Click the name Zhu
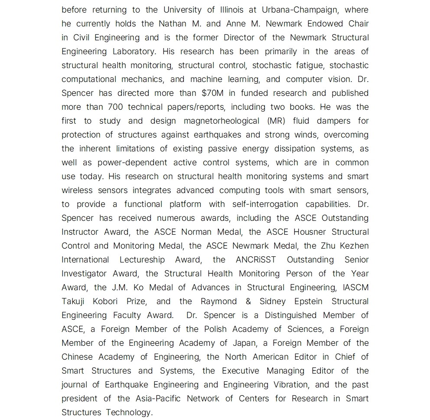329,246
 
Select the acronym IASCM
356,287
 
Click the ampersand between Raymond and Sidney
248,301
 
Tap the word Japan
244,343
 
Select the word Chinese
77,357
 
